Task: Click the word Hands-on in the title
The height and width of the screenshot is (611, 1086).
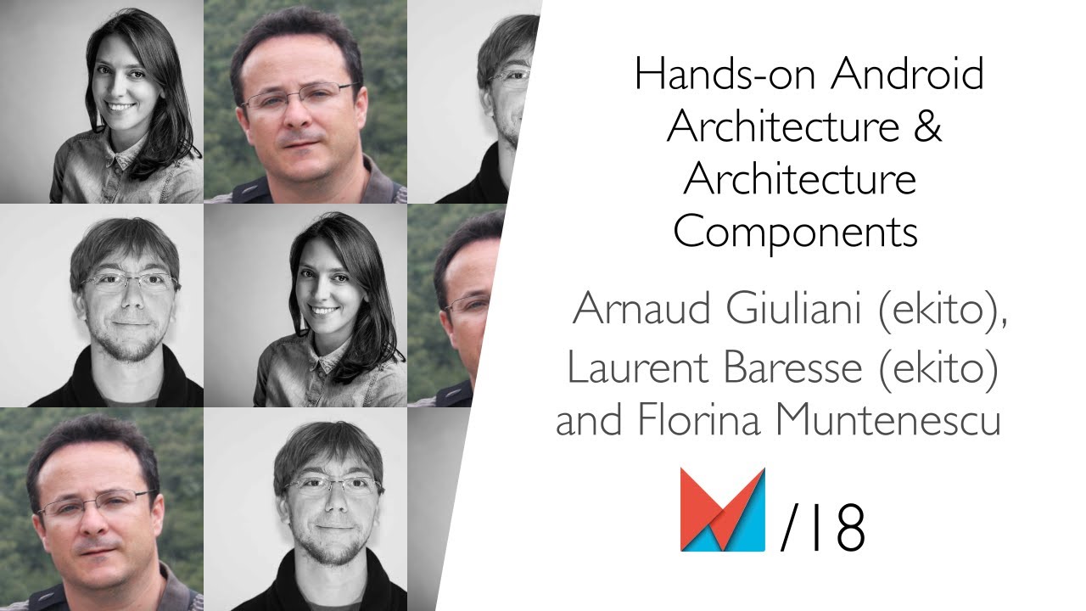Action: (725, 76)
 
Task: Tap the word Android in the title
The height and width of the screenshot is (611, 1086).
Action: (907, 76)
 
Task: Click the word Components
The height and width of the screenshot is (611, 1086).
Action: (796, 231)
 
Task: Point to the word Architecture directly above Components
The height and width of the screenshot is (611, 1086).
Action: (799, 179)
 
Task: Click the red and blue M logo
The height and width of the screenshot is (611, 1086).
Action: (722, 510)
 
